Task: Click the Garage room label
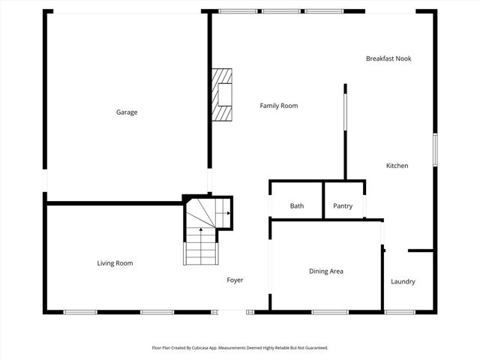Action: coord(126,112)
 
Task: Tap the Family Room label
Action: coord(278,106)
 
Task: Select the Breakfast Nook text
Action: coord(388,58)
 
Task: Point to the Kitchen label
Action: coord(397,166)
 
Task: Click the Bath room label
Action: coord(296,206)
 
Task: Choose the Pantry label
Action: coord(343,206)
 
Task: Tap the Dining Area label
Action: coord(326,271)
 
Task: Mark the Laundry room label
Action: coord(403,282)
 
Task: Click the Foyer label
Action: coord(235,280)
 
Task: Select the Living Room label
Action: coord(115,263)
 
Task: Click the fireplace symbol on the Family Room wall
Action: coord(221,94)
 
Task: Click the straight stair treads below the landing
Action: coord(200,247)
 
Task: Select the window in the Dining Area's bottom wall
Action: coord(330,312)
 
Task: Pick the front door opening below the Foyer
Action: coord(232,312)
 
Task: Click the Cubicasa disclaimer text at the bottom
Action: coord(240,348)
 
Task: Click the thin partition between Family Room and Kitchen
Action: coord(345,131)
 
